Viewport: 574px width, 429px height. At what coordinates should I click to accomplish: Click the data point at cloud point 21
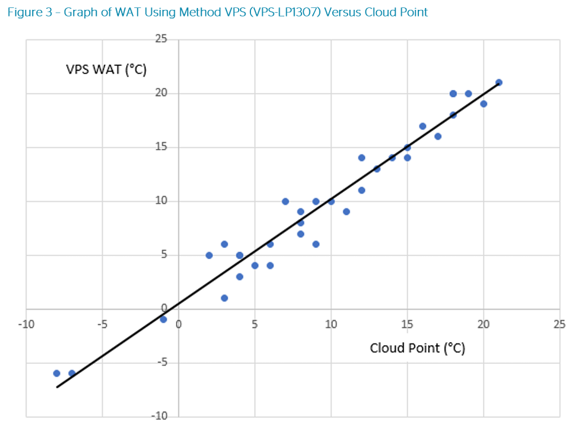click(x=499, y=82)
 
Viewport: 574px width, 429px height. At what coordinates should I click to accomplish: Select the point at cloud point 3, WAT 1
click(x=225, y=298)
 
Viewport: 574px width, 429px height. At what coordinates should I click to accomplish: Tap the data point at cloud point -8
click(x=57, y=373)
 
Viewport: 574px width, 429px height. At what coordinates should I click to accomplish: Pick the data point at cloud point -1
click(x=164, y=319)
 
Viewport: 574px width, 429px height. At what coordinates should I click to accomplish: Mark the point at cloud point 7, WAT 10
click(x=285, y=201)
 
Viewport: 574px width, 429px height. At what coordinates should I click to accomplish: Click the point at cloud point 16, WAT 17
click(x=423, y=126)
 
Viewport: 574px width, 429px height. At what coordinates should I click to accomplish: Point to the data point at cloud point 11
click(x=346, y=212)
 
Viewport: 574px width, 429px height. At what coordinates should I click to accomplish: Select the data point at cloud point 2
click(x=209, y=255)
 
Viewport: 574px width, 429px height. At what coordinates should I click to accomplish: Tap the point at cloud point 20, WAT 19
click(x=484, y=104)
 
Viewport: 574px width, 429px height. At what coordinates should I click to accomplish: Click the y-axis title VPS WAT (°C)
click(x=106, y=70)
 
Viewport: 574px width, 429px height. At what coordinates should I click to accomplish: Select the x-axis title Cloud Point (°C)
click(x=417, y=348)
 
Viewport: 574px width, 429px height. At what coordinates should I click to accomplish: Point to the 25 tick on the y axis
click(x=162, y=39)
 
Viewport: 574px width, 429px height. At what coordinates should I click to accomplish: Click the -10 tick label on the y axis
click(x=161, y=416)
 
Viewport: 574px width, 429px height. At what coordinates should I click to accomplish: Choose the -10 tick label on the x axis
click(x=25, y=324)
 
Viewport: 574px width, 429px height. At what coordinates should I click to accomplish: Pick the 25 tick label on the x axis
click(x=559, y=324)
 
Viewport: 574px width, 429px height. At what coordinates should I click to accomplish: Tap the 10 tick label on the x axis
click(x=331, y=324)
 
